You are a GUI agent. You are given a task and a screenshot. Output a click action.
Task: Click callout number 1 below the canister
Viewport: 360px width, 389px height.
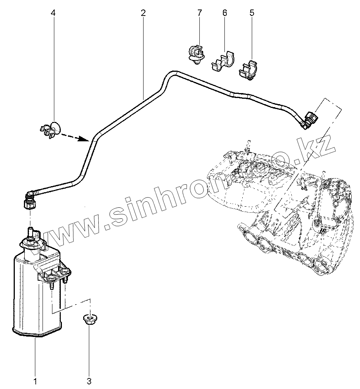point(35,381)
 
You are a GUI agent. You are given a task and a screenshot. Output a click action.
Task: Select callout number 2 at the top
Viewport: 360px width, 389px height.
point(143,13)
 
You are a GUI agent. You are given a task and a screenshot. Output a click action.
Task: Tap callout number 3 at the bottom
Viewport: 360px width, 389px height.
point(89,381)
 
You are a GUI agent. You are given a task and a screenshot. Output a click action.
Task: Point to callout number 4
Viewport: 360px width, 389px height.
point(53,13)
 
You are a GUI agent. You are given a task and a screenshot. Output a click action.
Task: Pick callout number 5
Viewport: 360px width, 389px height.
point(252,13)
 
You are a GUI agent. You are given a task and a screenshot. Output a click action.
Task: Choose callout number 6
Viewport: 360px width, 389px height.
point(225,13)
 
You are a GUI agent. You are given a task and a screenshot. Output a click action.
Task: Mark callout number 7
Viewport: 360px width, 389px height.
point(200,13)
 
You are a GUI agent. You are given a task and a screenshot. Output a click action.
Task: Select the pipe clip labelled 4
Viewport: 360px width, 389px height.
point(51,129)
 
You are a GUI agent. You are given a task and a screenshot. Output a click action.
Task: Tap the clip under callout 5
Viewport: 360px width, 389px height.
point(249,70)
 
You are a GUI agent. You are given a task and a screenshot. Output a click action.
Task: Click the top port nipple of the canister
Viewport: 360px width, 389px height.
point(30,231)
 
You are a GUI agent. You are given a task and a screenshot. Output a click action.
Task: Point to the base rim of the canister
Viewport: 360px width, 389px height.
point(37,334)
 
